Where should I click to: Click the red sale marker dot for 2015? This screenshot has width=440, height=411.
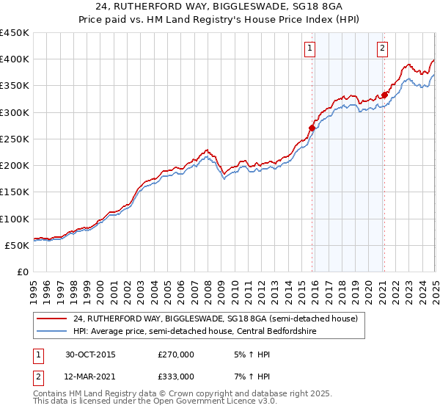click(312, 128)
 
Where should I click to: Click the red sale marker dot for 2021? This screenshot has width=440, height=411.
click(384, 95)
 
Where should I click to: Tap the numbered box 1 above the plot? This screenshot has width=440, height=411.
click(310, 49)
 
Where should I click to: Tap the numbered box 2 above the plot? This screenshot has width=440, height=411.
click(382, 49)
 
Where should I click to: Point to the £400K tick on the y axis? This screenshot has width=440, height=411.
click(15, 59)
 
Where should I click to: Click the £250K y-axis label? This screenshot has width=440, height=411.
click(15, 139)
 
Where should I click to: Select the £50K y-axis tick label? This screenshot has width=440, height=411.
click(18, 245)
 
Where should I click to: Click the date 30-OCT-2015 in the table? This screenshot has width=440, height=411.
click(90, 354)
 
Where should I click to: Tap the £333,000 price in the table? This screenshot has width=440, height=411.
click(175, 376)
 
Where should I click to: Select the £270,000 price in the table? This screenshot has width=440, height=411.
click(175, 354)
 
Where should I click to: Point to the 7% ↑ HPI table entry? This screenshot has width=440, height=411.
click(251, 376)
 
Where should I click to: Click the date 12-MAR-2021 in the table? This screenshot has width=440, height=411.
click(91, 376)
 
